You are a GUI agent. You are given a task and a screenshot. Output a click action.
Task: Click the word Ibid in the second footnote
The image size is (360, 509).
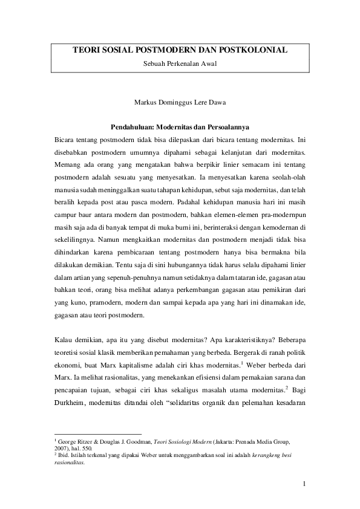(63, 458)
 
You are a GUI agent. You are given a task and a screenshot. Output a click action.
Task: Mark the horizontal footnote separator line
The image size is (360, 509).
(98, 433)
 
